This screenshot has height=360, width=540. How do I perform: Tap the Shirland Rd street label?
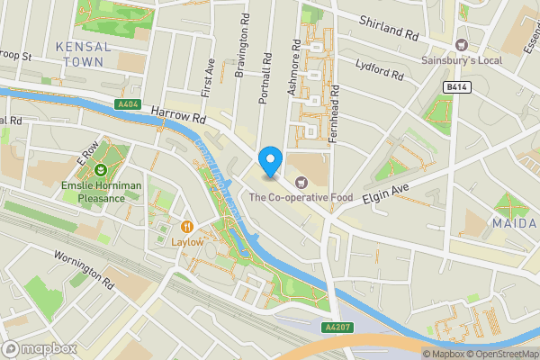point(390,26)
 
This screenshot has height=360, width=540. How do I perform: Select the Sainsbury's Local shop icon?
point(461,45)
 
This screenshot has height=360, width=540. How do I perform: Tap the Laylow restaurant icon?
point(188,227)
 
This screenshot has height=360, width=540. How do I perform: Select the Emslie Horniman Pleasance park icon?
point(101,168)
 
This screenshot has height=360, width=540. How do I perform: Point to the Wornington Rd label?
point(84,269)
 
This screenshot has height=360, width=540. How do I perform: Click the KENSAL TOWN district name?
point(82,53)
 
